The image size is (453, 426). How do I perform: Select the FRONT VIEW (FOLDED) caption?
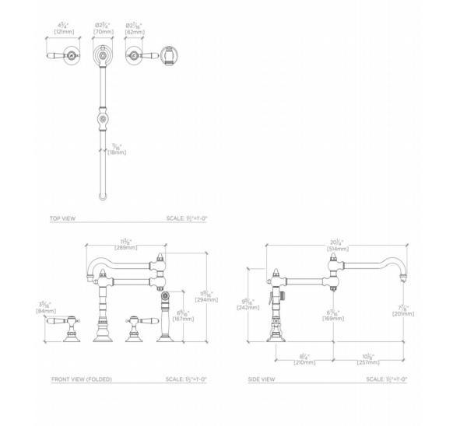(82, 379)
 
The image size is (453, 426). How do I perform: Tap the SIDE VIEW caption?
(261, 379)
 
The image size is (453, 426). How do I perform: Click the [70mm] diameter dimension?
(103, 31)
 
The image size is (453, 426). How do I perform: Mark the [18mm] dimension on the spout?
(116, 152)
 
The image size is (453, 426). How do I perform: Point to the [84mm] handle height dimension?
(45, 312)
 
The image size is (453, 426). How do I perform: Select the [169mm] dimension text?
(330, 317)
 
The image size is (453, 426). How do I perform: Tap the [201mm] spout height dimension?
(403, 314)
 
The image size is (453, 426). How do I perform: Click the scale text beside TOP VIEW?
(186, 219)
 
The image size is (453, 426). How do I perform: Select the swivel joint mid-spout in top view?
(102, 120)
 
